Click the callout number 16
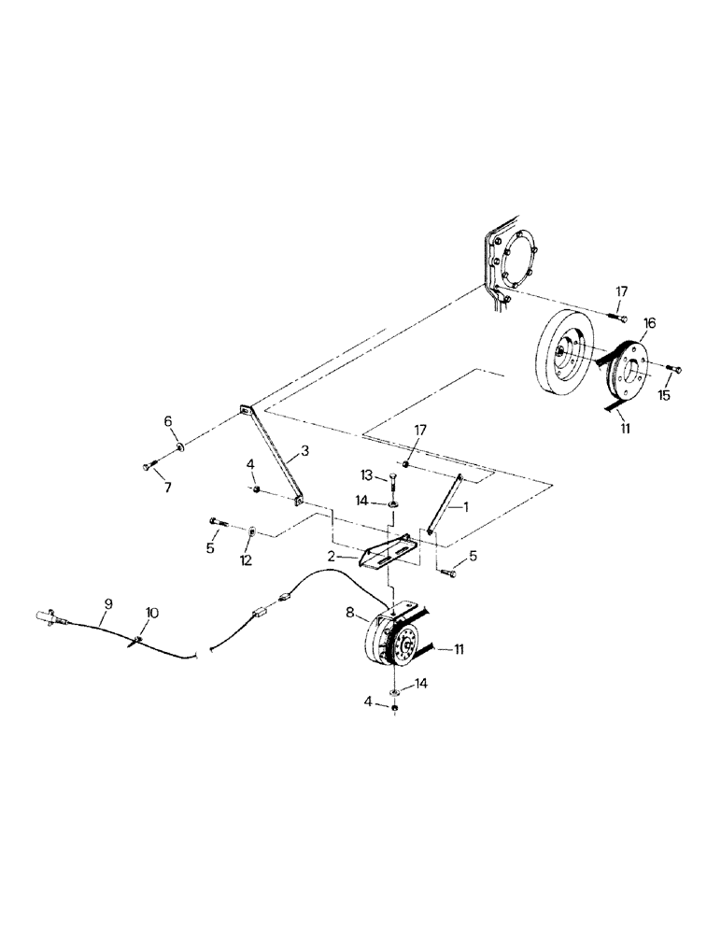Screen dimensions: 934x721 point(649,323)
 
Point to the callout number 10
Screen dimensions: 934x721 point(151,613)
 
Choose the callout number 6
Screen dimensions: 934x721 point(168,422)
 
